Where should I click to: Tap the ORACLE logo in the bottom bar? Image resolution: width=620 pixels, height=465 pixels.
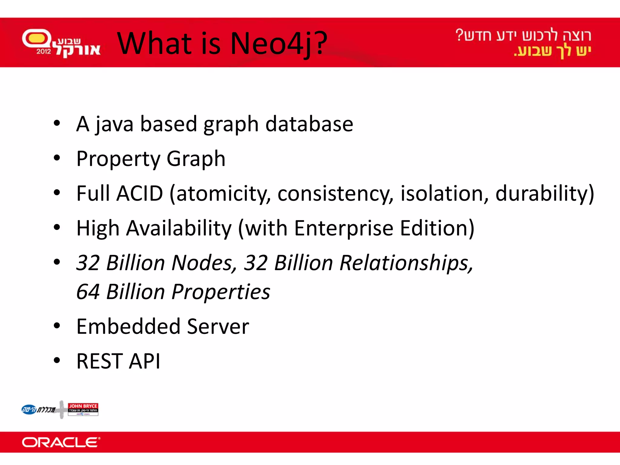61,442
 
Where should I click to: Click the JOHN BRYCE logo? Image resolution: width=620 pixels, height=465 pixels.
83,409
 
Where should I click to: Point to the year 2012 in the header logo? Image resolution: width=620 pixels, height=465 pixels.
44,51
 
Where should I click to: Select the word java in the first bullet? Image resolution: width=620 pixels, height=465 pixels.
114,124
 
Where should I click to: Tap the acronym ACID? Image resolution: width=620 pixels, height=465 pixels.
140,193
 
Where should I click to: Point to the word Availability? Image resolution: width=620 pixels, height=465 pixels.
179,228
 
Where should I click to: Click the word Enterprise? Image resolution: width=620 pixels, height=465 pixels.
344,228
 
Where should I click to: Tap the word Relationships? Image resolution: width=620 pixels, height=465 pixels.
406,263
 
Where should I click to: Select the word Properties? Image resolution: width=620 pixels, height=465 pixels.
221,292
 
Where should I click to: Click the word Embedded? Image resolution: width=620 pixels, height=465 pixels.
128,327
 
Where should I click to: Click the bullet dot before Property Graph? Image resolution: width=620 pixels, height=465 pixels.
57,158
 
